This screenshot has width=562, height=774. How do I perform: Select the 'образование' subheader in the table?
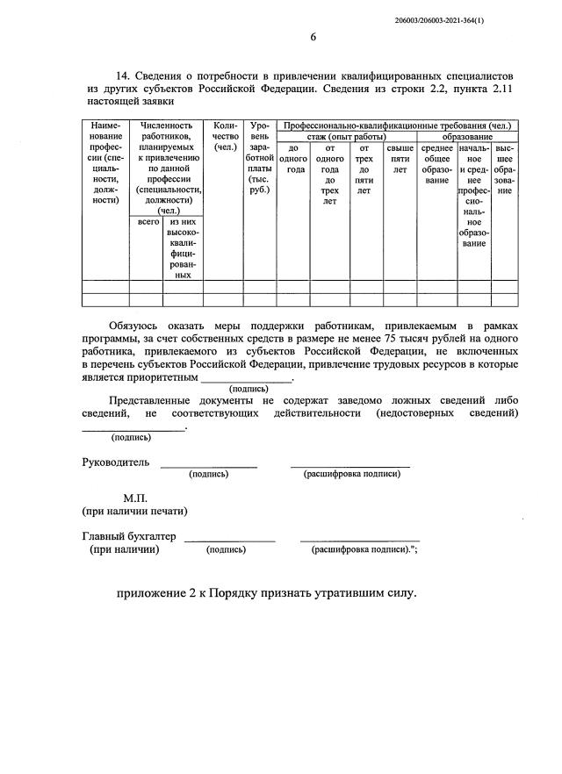tap(467, 137)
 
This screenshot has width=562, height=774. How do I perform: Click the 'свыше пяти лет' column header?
tap(400, 159)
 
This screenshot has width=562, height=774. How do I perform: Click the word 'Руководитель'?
tap(115, 462)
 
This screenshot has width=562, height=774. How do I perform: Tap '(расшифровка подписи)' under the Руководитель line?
tap(351, 474)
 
